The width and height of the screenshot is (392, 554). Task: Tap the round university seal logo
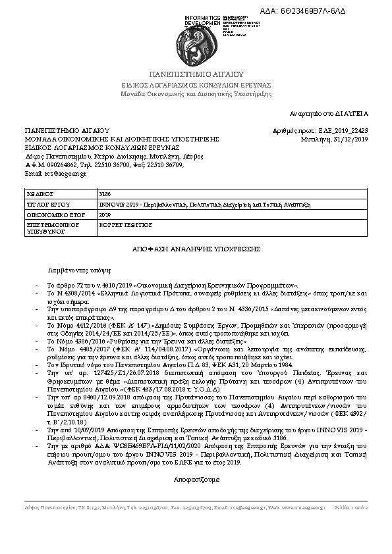click(x=196, y=39)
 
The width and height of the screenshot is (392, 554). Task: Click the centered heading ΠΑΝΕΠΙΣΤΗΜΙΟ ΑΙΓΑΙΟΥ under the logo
click(x=196, y=74)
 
